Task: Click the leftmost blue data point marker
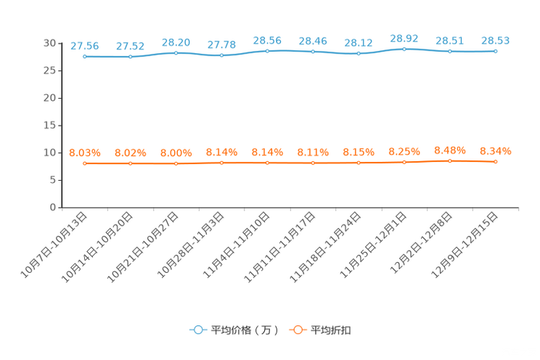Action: coord(85,57)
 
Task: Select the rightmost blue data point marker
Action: coord(496,52)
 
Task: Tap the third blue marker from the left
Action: coord(176,52)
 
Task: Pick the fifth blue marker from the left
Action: coord(268,51)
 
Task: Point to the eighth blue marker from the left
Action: coord(404,49)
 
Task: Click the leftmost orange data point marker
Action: coord(85,163)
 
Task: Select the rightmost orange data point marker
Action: coord(496,162)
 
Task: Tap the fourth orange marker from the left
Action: coord(222,163)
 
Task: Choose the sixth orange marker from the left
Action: coord(313,163)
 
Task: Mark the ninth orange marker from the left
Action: coord(450,160)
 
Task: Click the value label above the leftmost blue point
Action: coord(85,46)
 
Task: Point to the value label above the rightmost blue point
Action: coord(496,41)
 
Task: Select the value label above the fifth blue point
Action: coord(268,40)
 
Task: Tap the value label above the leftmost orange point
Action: coord(85,152)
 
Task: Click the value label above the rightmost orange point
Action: coord(496,151)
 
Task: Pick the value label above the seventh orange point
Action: coord(359,152)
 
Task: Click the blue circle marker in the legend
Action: coord(198,330)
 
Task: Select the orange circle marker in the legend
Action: coord(298,330)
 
